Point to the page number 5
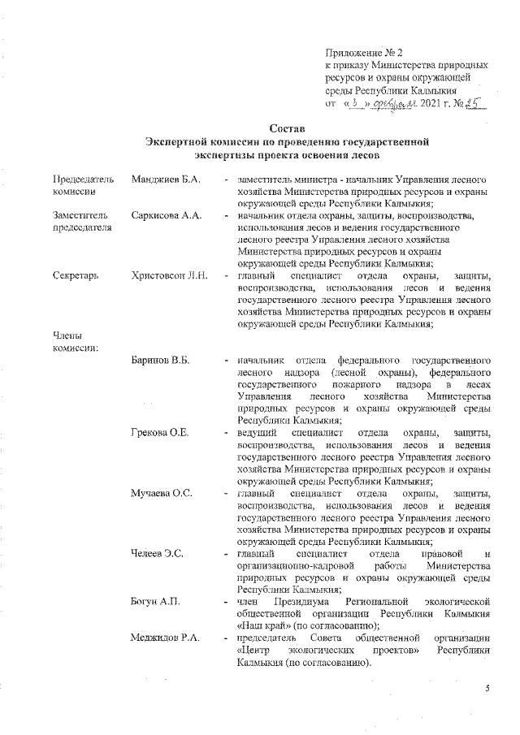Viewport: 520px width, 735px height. click(x=487, y=689)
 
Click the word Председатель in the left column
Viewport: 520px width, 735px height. click(x=83, y=178)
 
